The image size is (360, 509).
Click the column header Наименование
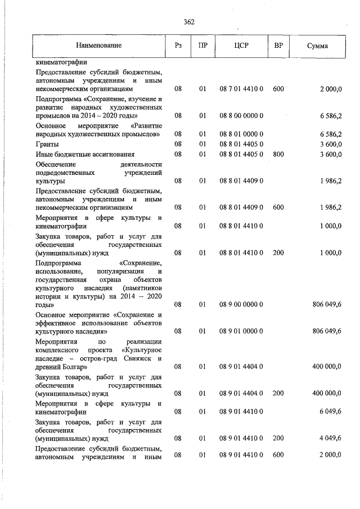click(99, 45)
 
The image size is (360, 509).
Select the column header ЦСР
click(241, 45)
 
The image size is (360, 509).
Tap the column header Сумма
click(318, 45)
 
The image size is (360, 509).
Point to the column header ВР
click(278, 45)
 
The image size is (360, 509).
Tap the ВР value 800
click(278, 154)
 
